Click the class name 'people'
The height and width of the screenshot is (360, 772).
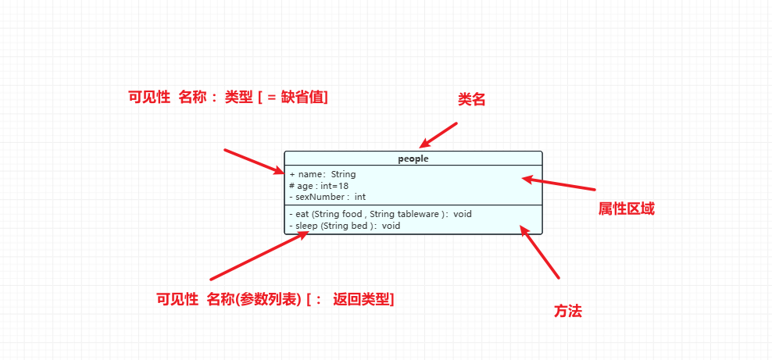(413, 159)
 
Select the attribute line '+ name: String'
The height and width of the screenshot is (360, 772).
(323, 174)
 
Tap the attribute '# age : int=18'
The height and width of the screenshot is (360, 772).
(319, 186)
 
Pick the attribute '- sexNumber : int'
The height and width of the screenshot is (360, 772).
(327, 197)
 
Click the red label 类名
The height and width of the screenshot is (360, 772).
(472, 99)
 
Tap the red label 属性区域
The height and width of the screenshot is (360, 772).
(626, 209)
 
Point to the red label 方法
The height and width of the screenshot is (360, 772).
(568, 311)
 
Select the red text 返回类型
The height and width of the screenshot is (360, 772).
(361, 299)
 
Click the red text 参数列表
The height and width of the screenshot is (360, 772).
(270, 299)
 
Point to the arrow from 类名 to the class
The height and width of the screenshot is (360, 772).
(438, 134)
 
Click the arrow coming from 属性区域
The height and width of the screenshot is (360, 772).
(559, 184)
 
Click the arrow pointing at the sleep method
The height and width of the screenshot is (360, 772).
(259, 255)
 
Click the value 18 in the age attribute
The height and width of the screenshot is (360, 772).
(344, 186)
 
